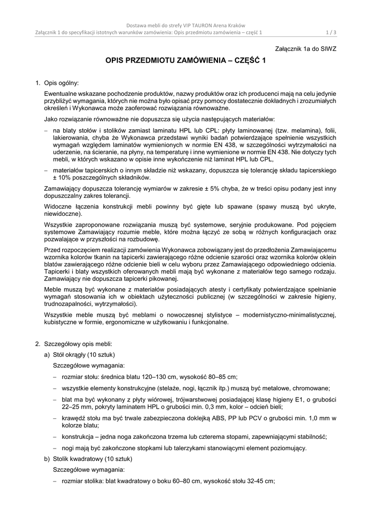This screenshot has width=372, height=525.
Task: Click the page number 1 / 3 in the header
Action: (x=331, y=33)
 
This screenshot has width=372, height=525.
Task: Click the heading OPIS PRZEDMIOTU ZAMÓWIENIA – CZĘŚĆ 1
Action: (x=186, y=60)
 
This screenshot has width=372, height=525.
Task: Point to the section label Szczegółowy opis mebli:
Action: (x=74, y=344)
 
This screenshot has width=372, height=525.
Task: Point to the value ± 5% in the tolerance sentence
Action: (x=203, y=189)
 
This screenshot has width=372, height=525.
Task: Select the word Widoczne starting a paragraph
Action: (x=58, y=206)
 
